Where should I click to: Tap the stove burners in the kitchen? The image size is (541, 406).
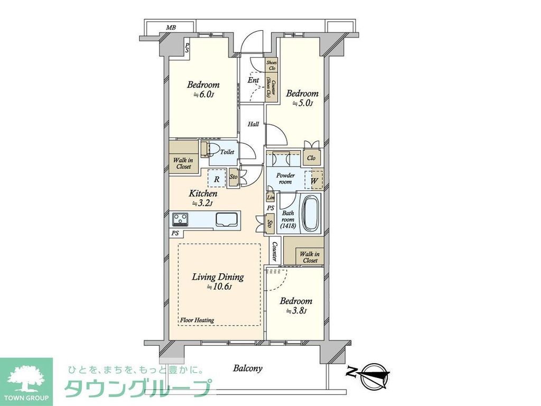(x=180, y=218)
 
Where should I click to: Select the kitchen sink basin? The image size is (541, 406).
(x=226, y=218)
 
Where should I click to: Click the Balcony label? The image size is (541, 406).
(x=248, y=368)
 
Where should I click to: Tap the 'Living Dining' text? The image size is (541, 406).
(x=218, y=276)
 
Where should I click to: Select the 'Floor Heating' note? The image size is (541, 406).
(x=197, y=320)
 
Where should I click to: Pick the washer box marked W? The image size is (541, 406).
(x=315, y=180)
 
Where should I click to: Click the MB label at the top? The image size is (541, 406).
(x=171, y=27)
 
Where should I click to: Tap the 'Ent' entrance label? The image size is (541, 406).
(x=254, y=80)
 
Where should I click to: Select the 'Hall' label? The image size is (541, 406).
(x=254, y=124)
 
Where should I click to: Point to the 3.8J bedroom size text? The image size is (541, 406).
(x=296, y=311)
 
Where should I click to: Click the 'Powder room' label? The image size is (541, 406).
(x=286, y=178)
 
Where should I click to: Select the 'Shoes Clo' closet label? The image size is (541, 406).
(x=272, y=65)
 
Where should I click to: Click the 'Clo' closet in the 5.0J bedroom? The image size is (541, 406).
(x=311, y=158)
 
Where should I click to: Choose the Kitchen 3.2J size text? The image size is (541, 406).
(x=203, y=204)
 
